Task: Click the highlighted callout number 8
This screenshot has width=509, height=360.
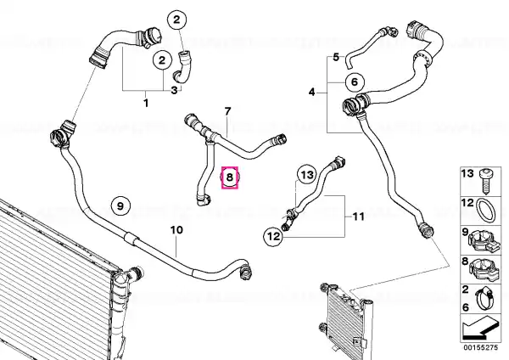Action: point(230,177)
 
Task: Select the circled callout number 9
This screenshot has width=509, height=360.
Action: point(120,205)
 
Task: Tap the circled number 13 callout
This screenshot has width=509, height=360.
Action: point(306,175)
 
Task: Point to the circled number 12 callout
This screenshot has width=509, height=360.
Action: point(273,236)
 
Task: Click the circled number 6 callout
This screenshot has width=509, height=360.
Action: point(354,82)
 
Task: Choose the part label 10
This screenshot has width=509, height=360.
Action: point(177,230)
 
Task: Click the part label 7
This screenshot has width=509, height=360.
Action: point(227,111)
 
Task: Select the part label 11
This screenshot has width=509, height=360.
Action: point(358,216)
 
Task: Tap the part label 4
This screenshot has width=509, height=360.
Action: point(311,93)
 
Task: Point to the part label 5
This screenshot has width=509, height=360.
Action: point(336,57)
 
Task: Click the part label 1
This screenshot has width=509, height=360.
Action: point(146,104)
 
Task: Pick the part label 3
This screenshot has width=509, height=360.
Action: point(174,90)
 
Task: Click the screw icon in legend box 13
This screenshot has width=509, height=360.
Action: point(486,180)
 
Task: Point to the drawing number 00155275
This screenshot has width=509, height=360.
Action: point(481,347)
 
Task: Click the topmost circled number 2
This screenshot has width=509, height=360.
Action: point(176,20)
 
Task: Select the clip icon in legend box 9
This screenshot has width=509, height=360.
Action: point(484,241)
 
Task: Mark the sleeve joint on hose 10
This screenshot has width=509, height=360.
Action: point(132,238)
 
